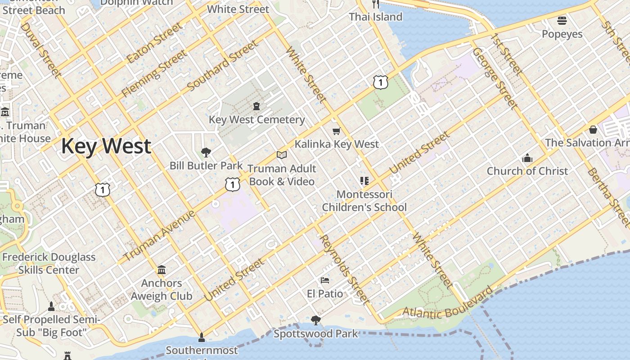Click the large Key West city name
[x=106, y=146]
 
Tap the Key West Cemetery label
[x=256, y=120]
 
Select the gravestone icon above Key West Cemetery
[x=256, y=106]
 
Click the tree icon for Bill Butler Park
[x=206, y=152]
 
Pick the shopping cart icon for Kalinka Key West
[x=336, y=131]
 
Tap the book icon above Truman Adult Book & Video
[x=282, y=155]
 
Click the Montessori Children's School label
[x=364, y=201]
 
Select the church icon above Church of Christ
[x=527, y=158]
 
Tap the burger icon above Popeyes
[x=562, y=20]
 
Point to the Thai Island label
[x=375, y=17]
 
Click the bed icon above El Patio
[x=325, y=280]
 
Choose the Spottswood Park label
[x=316, y=334]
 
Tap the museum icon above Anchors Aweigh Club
[x=162, y=270]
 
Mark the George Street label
[x=495, y=78]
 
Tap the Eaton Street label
[x=155, y=43]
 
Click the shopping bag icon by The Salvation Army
[x=593, y=130]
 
